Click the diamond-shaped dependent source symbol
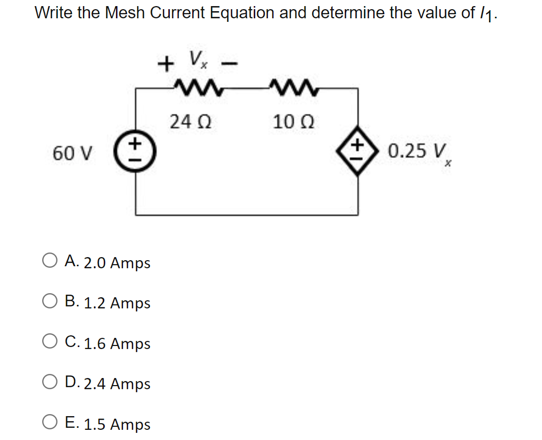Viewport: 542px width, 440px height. (358, 151)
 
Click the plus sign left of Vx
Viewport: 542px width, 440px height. (164, 64)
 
